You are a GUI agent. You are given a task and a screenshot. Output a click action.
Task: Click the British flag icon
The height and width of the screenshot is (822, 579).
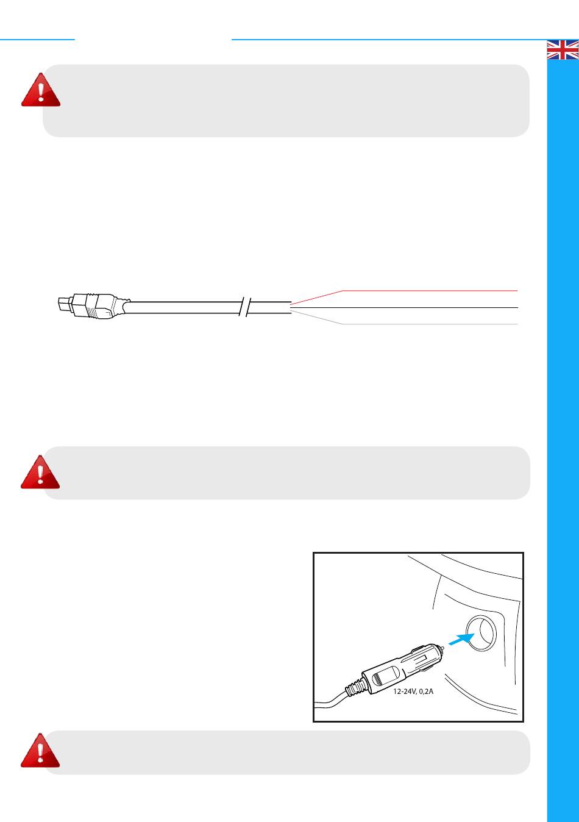pos(563,49)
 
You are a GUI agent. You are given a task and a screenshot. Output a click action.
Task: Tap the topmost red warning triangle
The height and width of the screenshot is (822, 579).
pos(41,90)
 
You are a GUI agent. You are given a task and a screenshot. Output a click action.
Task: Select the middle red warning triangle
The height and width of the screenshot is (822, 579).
pos(40,472)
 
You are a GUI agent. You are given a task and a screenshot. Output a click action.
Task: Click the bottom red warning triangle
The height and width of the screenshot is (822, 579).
pos(40,750)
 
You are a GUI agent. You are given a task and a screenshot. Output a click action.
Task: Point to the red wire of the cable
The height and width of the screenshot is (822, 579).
pos(403,291)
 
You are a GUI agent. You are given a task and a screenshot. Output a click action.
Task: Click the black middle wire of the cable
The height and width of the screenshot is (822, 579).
pos(404,307)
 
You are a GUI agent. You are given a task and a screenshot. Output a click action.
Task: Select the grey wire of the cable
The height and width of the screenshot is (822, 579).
pos(403,324)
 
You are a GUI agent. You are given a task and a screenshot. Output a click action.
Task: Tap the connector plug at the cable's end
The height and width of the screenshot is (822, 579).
pos(94,306)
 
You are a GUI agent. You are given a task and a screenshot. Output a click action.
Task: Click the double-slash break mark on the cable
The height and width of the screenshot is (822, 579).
pos(244,307)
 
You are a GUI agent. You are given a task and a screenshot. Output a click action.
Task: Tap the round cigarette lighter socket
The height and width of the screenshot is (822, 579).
pos(481,632)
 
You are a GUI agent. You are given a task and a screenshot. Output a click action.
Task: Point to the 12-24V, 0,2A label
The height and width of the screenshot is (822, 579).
pos(413,692)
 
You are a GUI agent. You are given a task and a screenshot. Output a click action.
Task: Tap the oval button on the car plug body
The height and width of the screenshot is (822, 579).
pos(385,675)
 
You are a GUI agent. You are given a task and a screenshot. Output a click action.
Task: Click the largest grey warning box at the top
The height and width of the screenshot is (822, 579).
pos(286,101)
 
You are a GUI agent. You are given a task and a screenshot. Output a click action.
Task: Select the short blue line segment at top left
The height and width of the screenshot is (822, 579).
pos(37,39)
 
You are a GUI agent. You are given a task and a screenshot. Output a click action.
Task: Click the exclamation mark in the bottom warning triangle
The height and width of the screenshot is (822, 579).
pos(40,753)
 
